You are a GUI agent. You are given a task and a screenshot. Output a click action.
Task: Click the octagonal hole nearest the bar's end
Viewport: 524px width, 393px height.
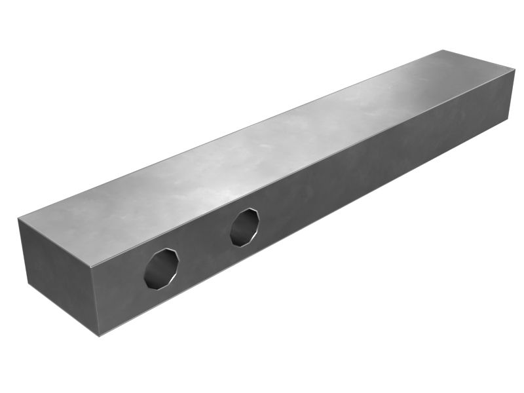click(161, 268)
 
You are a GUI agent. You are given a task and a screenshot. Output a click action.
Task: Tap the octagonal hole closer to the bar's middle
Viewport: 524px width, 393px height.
click(244, 227)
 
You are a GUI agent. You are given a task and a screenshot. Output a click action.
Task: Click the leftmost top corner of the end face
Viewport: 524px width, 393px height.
click(18, 219)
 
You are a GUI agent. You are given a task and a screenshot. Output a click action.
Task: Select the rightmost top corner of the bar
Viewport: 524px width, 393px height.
click(515, 71)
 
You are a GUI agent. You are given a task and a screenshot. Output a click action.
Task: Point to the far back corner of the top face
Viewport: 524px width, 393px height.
click(443, 50)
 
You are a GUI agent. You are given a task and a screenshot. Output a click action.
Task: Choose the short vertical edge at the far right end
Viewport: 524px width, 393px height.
click(512, 94)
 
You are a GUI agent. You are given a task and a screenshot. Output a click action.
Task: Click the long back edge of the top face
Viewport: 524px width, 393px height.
click(229, 134)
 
